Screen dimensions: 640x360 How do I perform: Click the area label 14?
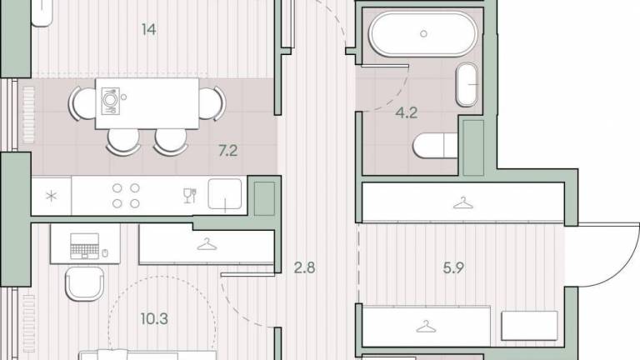point(148,29)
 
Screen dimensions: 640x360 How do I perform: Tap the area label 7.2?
point(227,151)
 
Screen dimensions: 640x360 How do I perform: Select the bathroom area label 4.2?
point(406,112)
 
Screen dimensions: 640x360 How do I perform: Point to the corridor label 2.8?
point(304,267)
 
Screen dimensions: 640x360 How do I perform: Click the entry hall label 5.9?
point(453,267)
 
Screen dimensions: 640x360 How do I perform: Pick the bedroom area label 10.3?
point(154,319)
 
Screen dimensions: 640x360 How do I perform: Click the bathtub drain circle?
point(423,34)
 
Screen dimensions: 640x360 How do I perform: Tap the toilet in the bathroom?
point(435,145)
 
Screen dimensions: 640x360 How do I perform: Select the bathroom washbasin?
point(467,84)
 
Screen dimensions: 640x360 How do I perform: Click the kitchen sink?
point(225,194)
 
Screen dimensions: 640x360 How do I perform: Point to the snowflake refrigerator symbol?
point(52,197)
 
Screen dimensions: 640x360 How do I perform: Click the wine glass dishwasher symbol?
point(190,196)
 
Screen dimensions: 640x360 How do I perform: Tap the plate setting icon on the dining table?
point(110,101)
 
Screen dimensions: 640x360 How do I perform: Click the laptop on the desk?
point(84,246)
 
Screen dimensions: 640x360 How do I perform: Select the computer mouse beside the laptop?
point(105,253)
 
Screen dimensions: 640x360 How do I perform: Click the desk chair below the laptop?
point(84,284)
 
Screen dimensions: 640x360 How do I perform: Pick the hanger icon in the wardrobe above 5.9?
point(462,202)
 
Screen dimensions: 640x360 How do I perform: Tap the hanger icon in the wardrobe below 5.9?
point(426,326)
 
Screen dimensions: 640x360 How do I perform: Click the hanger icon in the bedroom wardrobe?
point(207,244)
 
